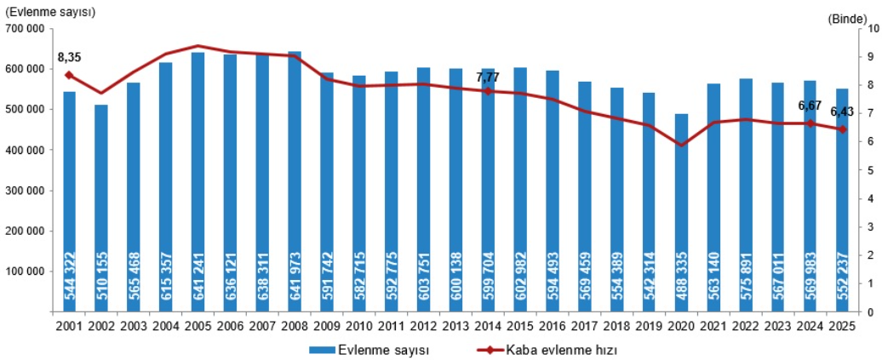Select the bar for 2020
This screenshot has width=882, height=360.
coord(682,213)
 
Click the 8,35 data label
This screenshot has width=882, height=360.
coord(69,58)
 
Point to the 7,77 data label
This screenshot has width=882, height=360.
coord(488,77)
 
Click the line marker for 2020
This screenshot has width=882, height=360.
coord(682,145)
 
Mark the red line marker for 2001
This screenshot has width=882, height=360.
coord(69,75)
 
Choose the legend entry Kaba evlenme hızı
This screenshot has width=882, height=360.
coord(545,349)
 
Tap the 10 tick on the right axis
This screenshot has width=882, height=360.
coord(872,28)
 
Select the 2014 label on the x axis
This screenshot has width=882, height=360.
coord(488,327)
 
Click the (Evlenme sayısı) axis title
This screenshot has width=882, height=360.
coord(50,12)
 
